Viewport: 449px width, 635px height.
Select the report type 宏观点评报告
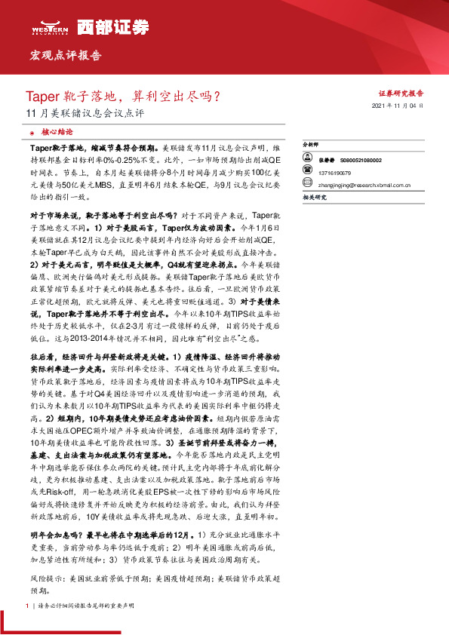[65, 56]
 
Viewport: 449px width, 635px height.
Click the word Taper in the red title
[42, 97]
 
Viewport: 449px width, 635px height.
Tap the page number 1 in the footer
[26, 606]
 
